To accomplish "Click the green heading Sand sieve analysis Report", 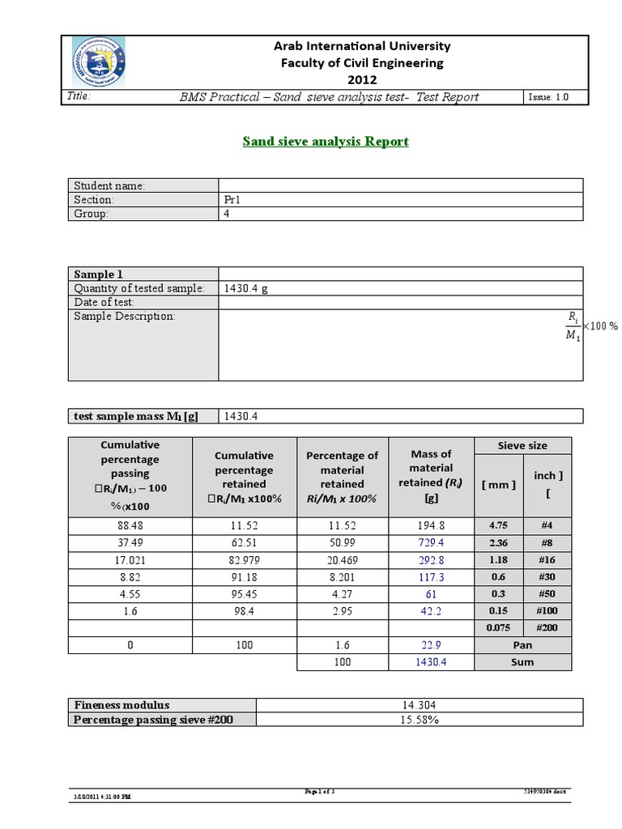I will tap(326, 142).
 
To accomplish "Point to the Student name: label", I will tap(109, 185).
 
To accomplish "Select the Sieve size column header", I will tap(522, 445).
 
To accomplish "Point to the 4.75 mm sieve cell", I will tap(497, 525).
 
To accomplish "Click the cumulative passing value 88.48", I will tap(130, 525).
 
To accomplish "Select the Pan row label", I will tap(522, 644).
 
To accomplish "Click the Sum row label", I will tap(522, 661).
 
